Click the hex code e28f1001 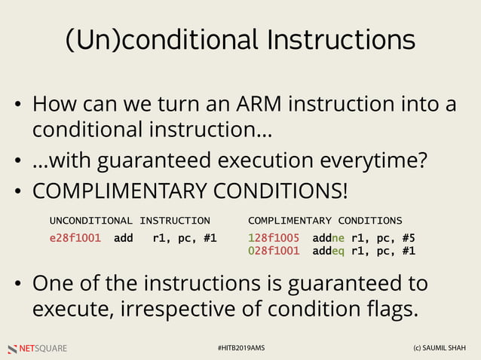click(x=75, y=238)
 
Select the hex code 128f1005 click(x=273, y=238)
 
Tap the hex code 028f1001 click(x=273, y=251)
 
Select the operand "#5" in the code click(x=408, y=238)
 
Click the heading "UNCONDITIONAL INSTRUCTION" click(x=130, y=221)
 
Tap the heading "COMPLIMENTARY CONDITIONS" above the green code click(x=325, y=221)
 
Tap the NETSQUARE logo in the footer click(x=38, y=349)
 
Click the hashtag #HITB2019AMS click(x=240, y=349)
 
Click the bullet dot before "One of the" click(x=20, y=285)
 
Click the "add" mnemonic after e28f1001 click(x=124, y=238)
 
